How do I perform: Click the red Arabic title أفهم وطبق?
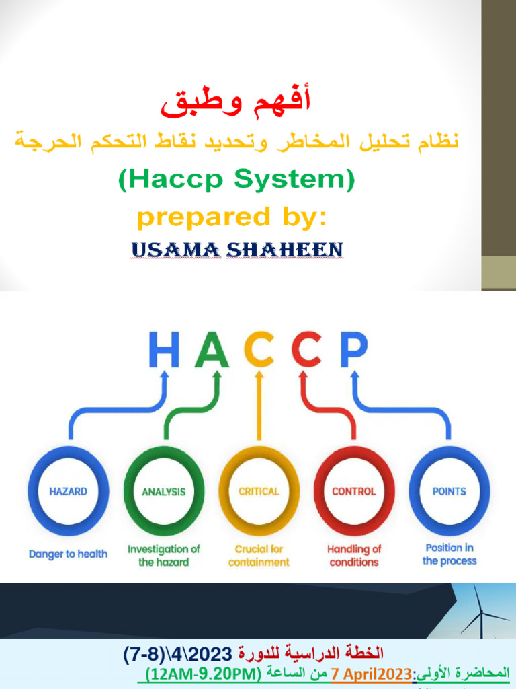tap(237, 103)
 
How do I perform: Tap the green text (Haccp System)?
tap(236, 180)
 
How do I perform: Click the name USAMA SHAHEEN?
tap(237, 250)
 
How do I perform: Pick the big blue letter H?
tap(164, 351)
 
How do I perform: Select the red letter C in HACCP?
tap(306, 351)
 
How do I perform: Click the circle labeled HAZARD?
tap(68, 492)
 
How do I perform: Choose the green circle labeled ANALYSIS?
tap(163, 492)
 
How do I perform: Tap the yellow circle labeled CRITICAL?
tap(259, 492)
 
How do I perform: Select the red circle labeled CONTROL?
tap(354, 492)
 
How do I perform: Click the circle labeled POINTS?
tap(449, 492)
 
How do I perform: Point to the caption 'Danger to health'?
tap(68, 554)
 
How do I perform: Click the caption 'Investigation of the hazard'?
tap(163, 556)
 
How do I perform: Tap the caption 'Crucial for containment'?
tap(259, 556)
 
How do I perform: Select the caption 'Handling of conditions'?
tap(354, 556)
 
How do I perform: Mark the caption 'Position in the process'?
tap(449, 554)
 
